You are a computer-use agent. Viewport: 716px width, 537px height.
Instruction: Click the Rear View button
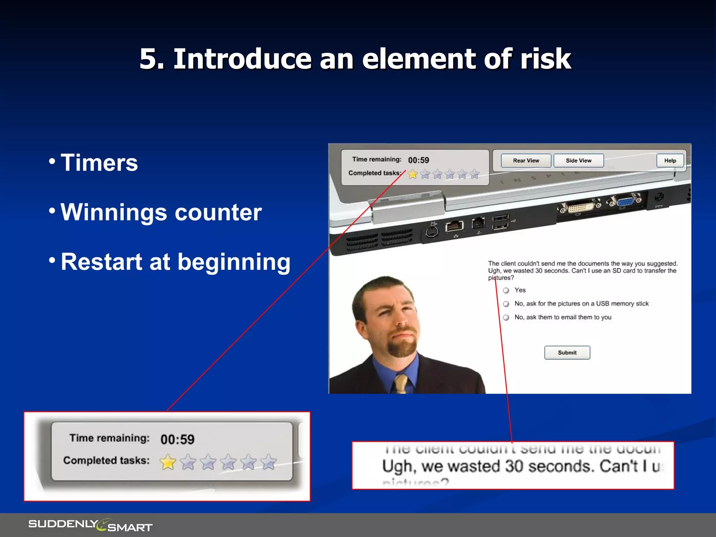coord(526,160)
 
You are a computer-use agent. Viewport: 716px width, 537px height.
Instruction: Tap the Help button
coord(670,160)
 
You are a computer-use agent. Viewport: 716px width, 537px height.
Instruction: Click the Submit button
coord(567,352)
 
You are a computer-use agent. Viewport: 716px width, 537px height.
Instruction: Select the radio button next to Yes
coord(506,291)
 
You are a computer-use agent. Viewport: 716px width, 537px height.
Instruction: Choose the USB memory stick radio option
coord(506,304)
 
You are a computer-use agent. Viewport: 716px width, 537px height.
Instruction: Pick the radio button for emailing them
coord(506,317)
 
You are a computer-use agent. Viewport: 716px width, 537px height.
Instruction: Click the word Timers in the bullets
coord(99,163)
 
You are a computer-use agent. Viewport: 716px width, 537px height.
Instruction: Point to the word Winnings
coord(114,213)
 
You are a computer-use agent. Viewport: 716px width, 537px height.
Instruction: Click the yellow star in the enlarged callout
coord(168,462)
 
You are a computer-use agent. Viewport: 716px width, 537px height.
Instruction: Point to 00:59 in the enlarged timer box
coord(177,439)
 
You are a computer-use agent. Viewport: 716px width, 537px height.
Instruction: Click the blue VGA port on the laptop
coord(625,202)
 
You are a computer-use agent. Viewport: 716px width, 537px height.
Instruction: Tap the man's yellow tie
coord(401,384)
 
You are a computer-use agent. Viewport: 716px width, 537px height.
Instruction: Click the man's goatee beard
coord(402,348)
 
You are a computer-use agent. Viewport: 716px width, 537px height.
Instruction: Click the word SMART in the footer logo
coord(130,528)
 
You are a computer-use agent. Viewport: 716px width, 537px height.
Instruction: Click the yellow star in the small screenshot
coord(413,174)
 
